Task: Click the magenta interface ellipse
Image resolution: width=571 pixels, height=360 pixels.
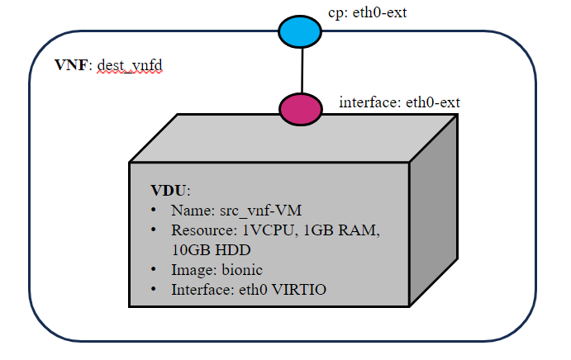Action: coord(302,108)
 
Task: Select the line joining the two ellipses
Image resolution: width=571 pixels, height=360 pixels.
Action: coord(302,69)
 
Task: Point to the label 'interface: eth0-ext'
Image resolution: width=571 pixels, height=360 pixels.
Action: coord(399,102)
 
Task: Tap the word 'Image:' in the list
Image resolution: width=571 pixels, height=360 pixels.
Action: coord(192,269)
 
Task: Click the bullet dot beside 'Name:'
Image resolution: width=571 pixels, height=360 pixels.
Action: coord(155,211)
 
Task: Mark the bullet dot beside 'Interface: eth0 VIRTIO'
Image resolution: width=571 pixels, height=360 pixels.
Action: coord(155,290)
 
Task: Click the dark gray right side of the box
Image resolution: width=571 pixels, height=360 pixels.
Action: coord(433,215)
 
